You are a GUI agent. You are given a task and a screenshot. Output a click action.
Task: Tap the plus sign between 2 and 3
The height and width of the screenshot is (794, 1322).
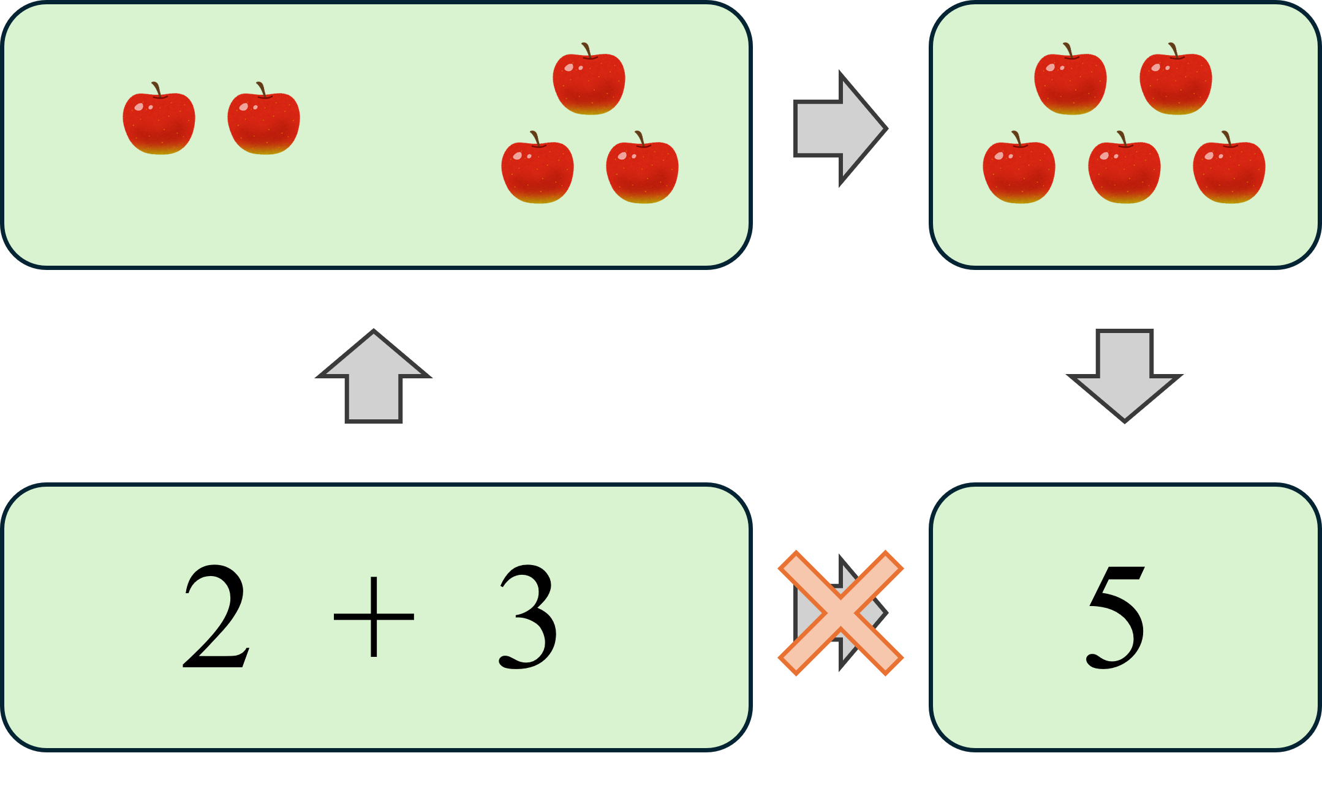374,616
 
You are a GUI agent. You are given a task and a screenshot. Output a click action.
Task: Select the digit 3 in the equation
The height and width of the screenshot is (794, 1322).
529,616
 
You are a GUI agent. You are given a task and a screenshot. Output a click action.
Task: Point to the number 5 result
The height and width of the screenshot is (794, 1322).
1116,616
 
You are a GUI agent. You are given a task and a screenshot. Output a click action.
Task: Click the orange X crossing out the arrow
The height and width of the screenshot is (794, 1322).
840,613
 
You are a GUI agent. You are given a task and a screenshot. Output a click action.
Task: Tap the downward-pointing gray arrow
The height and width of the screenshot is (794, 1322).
1125,373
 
